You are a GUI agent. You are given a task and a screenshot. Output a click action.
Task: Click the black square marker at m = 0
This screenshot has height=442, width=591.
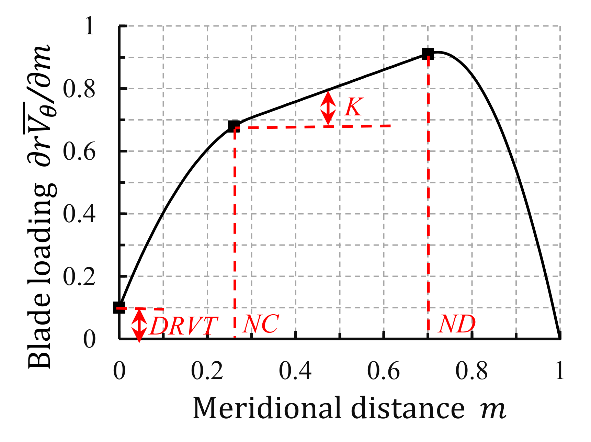119,307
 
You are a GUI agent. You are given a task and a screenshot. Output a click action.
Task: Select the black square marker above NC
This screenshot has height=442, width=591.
234,126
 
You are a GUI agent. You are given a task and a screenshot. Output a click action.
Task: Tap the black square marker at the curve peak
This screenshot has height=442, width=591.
428,54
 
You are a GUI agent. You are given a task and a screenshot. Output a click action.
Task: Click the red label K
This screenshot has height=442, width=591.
353,107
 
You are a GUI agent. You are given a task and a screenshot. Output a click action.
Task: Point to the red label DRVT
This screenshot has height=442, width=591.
184,326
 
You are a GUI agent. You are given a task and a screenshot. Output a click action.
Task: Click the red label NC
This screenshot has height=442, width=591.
261,324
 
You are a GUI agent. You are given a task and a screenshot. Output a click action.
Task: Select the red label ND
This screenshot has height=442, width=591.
457,324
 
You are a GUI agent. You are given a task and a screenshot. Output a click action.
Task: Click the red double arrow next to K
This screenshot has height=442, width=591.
328,107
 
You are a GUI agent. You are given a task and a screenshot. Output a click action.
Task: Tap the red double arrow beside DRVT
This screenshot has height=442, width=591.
139,325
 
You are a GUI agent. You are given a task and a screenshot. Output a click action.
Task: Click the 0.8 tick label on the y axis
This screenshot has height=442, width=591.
79,89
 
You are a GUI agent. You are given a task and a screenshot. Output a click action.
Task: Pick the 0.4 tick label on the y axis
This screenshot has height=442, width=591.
79,214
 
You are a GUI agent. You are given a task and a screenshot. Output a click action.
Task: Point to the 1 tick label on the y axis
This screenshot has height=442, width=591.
89,26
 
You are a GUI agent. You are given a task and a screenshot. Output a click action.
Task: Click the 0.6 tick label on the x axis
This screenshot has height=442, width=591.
384,371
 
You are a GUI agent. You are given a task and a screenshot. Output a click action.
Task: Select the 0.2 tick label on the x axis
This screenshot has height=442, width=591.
207,371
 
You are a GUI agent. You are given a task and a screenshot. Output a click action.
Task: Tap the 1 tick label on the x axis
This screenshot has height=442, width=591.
560,371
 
